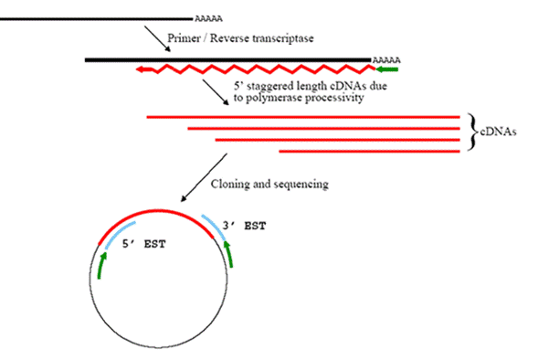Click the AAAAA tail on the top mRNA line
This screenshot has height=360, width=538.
pyautogui.click(x=208, y=18)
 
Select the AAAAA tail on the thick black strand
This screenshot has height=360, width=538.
pyautogui.click(x=386, y=60)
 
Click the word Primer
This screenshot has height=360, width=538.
pyautogui.click(x=184, y=38)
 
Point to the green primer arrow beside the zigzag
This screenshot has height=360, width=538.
pyautogui.click(x=387, y=69)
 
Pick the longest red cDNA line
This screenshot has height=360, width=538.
pyautogui.click(x=303, y=117)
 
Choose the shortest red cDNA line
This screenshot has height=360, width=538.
pyautogui.click(x=370, y=152)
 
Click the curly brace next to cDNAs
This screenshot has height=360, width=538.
pyautogui.click(x=473, y=132)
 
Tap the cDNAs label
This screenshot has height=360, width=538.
pyautogui.click(x=498, y=132)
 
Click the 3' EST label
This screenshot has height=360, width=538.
pyautogui.click(x=244, y=226)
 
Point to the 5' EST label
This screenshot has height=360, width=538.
pyautogui.click(x=144, y=244)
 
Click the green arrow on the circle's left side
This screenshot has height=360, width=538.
pyautogui.click(x=101, y=265)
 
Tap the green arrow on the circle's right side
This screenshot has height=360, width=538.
pyautogui.click(x=228, y=254)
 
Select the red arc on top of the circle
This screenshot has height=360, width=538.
pyautogui.click(x=155, y=210)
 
